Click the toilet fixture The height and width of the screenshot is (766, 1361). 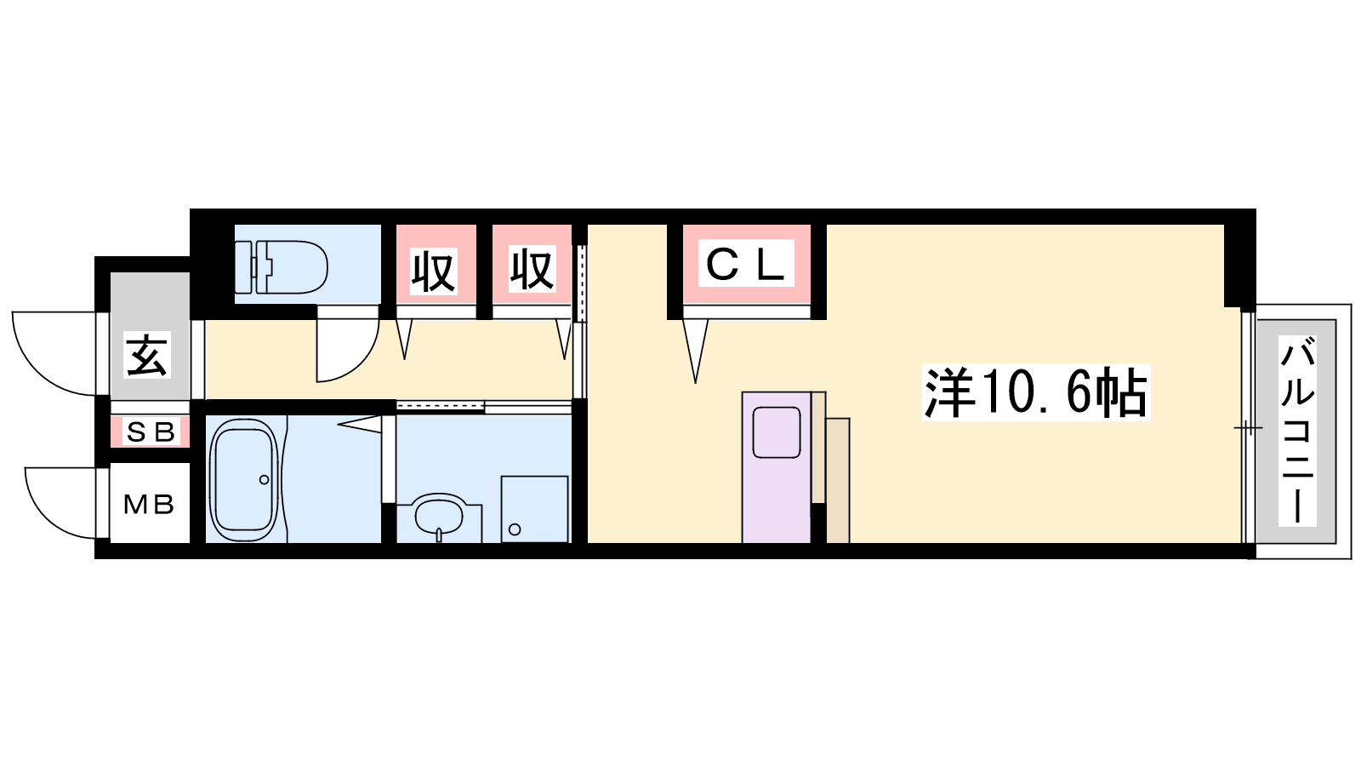pyautogui.click(x=289, y=266)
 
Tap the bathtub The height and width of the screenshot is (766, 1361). pyautogui.click(x=244, y=481)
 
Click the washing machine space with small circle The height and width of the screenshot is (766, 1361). pyautogui.click(x=534, y=509)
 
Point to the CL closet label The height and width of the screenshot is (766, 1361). pyautogui.click(x=746, y=264)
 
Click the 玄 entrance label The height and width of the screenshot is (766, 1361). pyautogui.click(x=148, y=355)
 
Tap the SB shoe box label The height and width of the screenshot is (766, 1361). pyautogui.click(x=150, y=432)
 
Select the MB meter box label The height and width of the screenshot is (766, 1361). pyautogui.click(x=149, y=505)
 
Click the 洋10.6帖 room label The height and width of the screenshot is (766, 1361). pyautogui.click(x=1036, y=392)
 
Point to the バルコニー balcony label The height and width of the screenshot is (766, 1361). pyautogui.click(x=1297, y=431)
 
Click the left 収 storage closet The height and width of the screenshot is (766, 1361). pyautogui.click(x=434, y=271)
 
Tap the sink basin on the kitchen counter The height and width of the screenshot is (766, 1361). pyautogui.click(x=776, y=432)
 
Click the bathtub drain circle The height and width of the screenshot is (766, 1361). pyautogui.click(x=264, y=480)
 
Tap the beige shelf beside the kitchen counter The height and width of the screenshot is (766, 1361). pyautogui.click(x=837, y=480)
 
